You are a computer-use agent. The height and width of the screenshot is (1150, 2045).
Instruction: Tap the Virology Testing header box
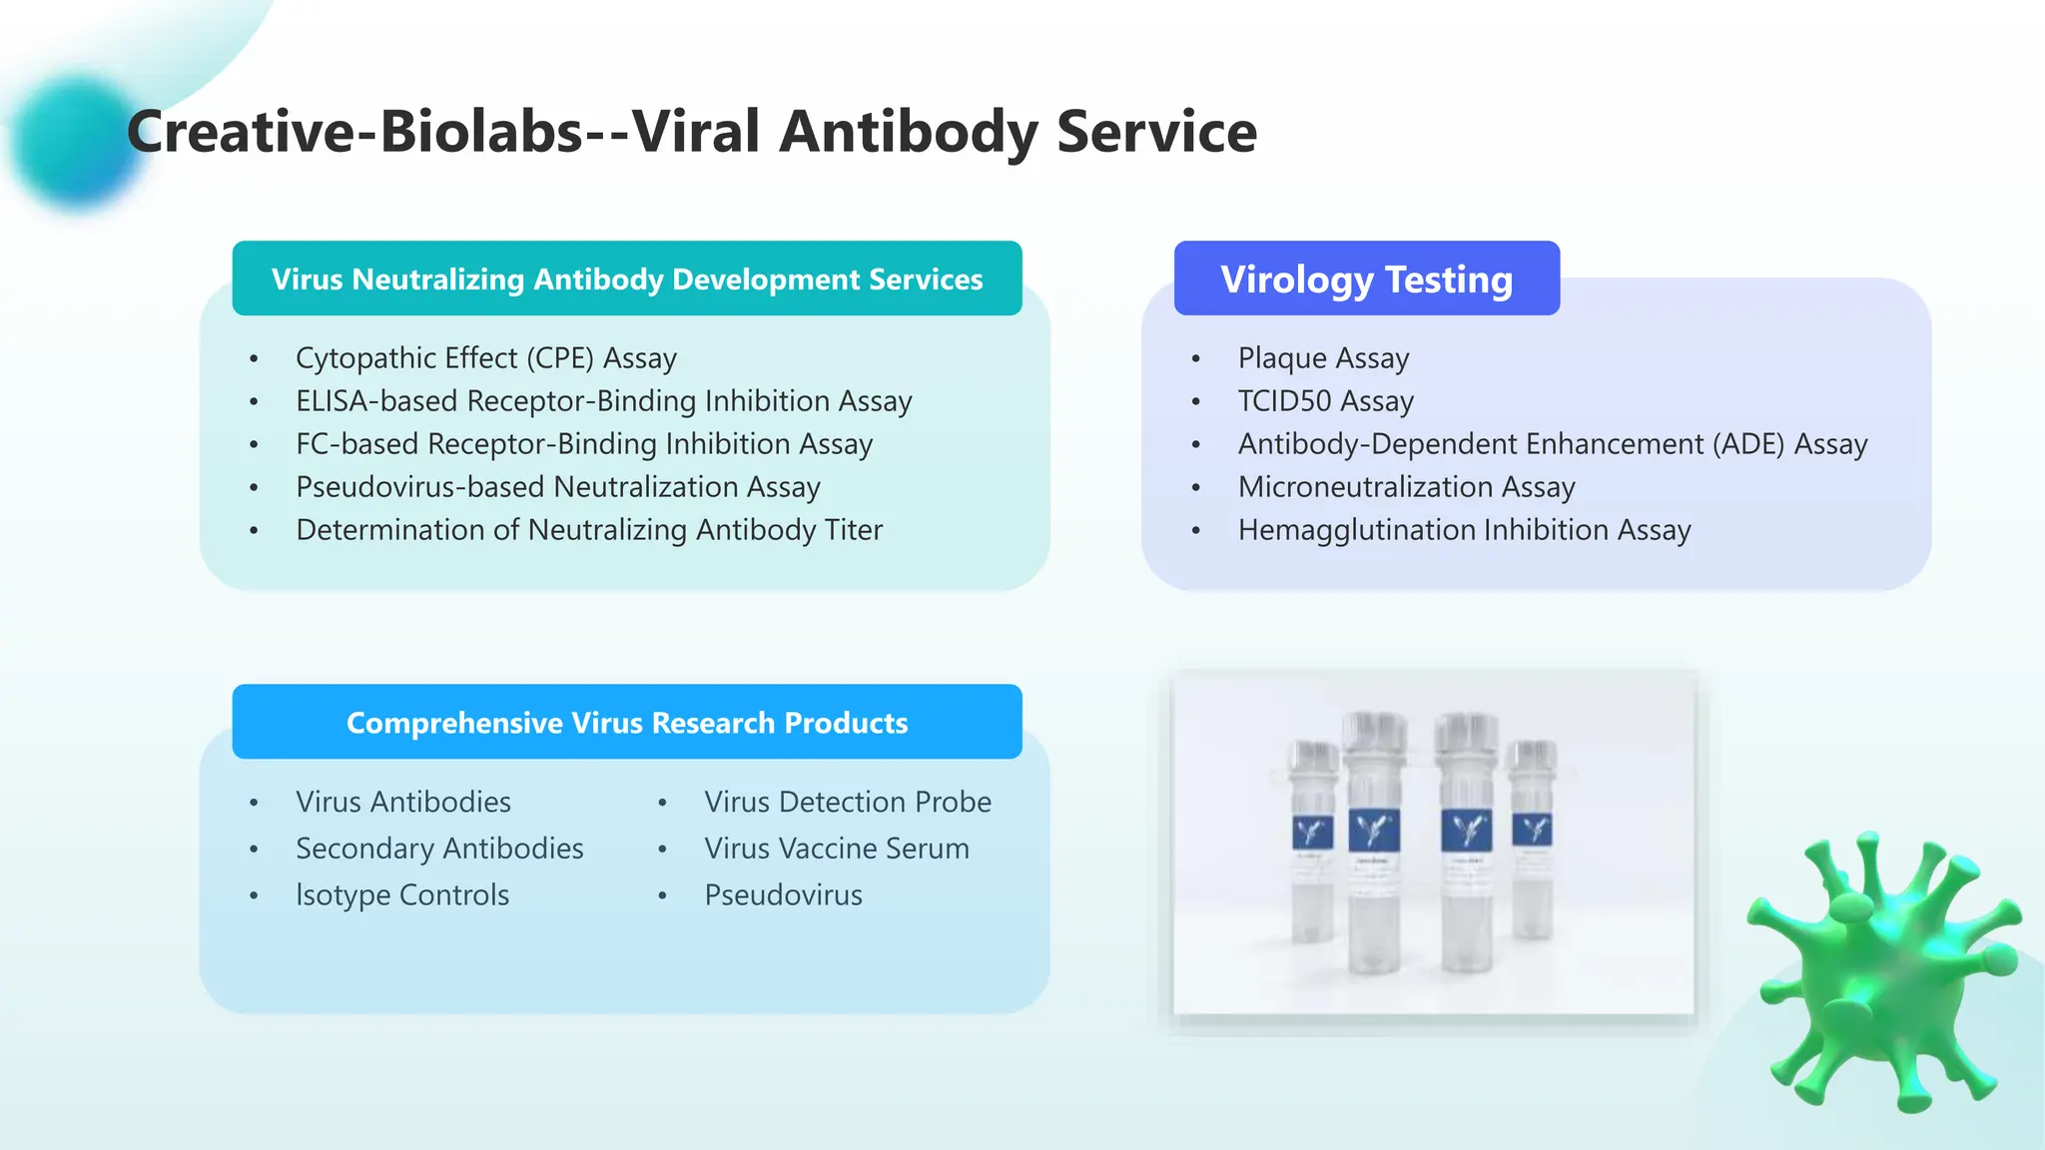pyautogui.click(x=1366, y=279)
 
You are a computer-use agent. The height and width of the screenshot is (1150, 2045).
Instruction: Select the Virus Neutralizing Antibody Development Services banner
pyautogui.click(x=627, y=279)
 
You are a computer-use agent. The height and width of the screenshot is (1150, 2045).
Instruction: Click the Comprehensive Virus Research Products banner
pyautogui.click(x=627, y=722)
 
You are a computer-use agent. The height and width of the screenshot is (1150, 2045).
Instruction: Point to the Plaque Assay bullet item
pyautogui.click(x=1323, y=357)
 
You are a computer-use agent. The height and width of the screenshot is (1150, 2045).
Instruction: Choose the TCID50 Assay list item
pyautogui.click(x=1325, y=400)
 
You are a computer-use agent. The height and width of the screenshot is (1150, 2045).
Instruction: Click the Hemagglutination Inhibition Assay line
pyautogui.click(x=1464, y=529)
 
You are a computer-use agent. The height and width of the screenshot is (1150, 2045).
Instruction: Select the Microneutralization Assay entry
pyautogui.click(x=1406, y=486)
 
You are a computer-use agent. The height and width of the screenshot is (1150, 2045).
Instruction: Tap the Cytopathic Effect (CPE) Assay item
pyautogui.click(x=485, y=357)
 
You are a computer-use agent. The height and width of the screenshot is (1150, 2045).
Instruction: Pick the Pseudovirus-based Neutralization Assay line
pyautogui.click(x=557, y=486)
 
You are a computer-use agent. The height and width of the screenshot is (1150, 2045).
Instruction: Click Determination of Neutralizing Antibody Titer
pyautogui.click(x=589, y=529)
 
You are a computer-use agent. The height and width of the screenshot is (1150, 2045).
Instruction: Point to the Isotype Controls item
pyautogui.click(x=402, y=894)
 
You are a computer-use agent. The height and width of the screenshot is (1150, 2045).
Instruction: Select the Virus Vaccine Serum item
pyautogui.click(x=836, y=848)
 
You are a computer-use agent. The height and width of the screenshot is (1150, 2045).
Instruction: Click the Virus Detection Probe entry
pyautogui.click(x=847, y=802)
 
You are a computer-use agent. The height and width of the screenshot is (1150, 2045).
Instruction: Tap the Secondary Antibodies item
pyautogui.click(x=439, y=848)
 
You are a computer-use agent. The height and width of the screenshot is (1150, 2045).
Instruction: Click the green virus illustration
pyautogui.click(x=1882, y=973)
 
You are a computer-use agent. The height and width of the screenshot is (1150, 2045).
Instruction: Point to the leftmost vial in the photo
pyautogui.click(x=1313, y=844)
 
